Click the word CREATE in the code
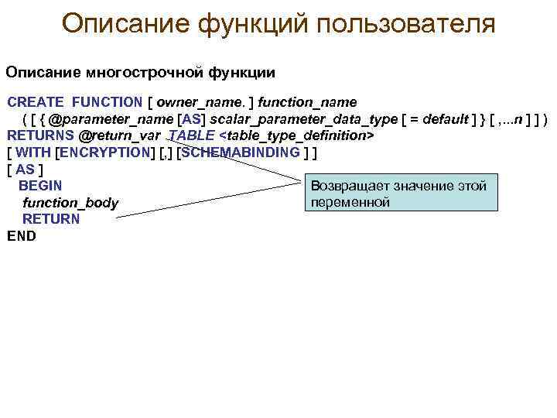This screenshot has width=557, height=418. coord(36,102)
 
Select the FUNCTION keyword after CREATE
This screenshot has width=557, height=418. coord(107,102)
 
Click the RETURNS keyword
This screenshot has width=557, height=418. coord(41,135)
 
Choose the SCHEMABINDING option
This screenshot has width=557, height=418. coord(241,152)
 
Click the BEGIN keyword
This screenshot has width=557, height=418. coord(40,186)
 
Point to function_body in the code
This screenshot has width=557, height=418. coord(70,203)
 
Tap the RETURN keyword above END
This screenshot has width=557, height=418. coord(50,219)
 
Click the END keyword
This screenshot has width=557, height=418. coord(22,236)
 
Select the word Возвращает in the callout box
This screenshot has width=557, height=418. coord(350,186)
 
